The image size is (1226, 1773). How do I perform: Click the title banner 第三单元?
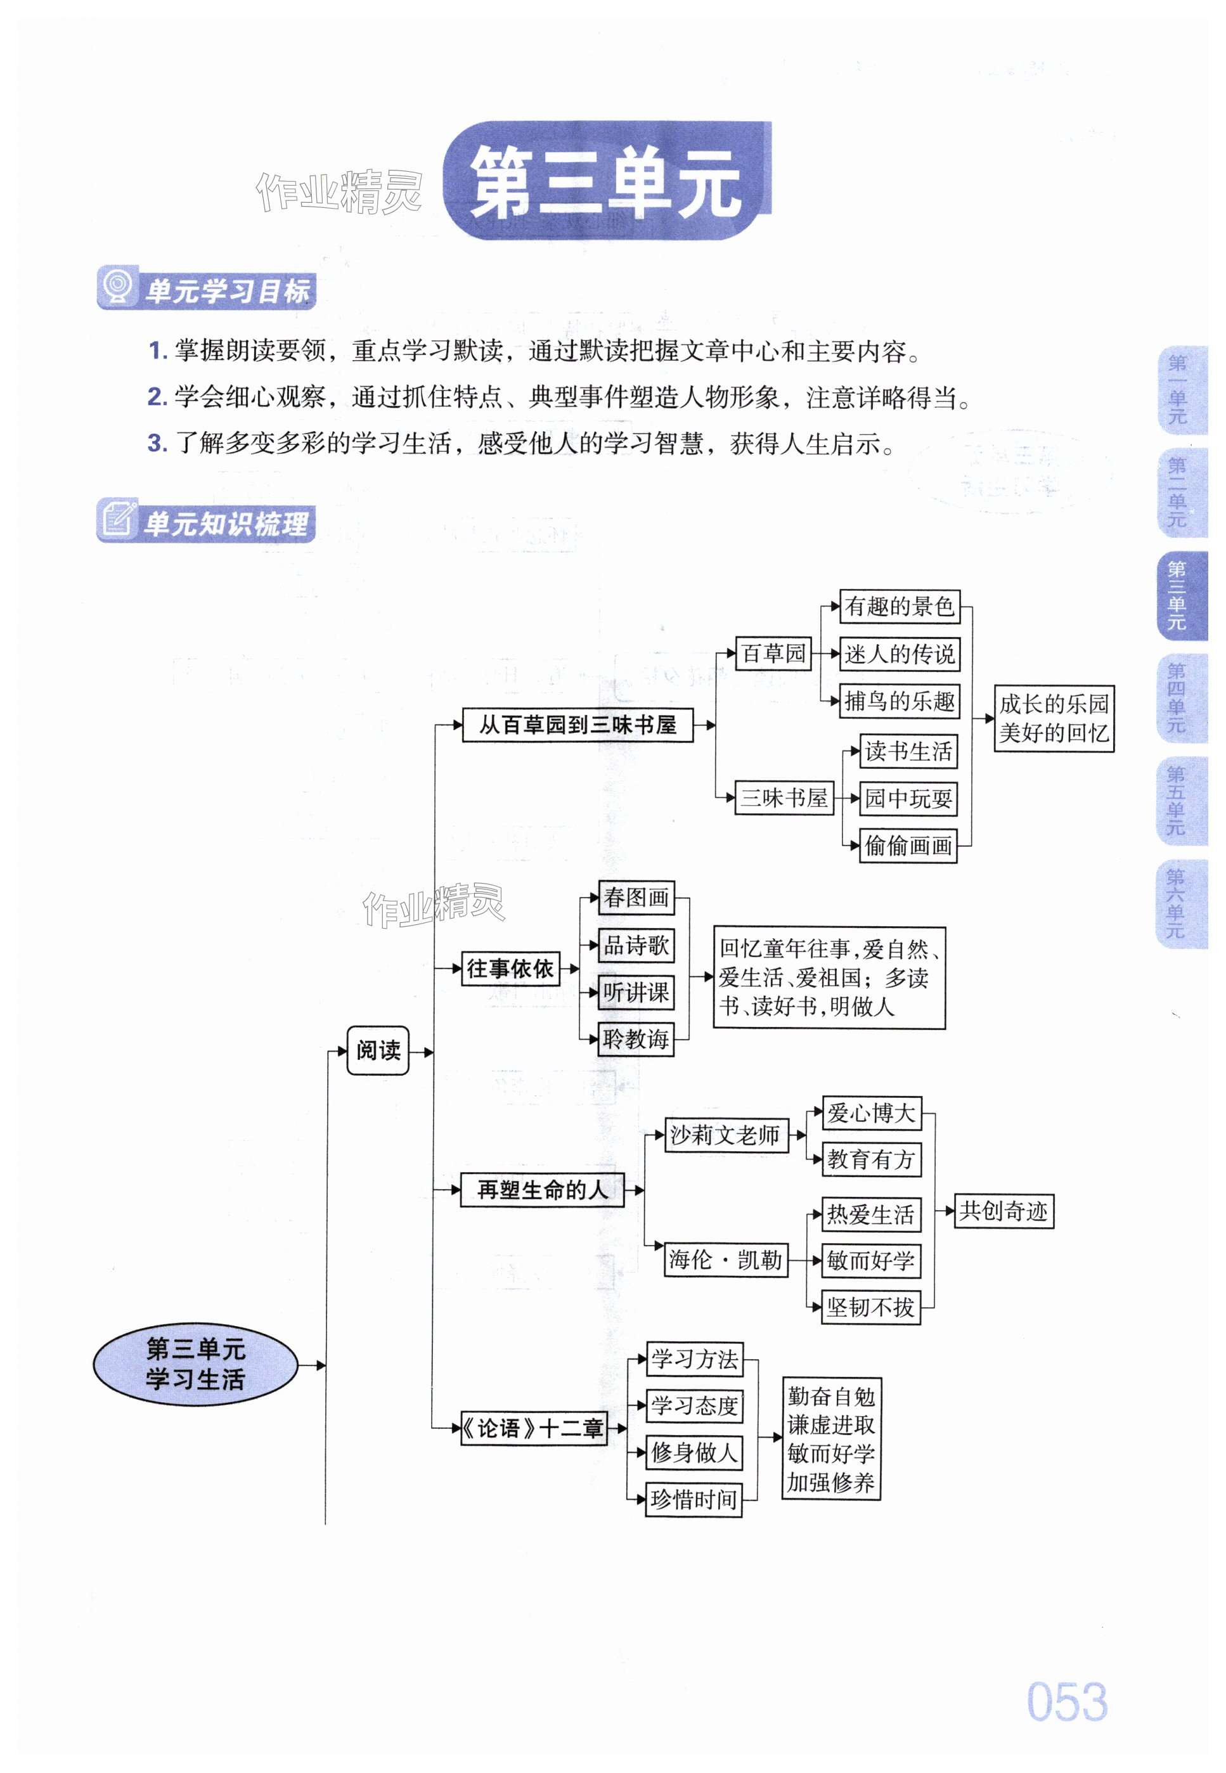point(607,181)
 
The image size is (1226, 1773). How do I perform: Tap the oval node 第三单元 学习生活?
point(195,1364)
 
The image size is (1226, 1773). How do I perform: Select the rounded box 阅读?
point(378,1050)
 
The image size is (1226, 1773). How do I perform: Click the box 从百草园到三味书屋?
point(578,725)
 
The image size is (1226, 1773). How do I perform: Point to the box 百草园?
point(773,654)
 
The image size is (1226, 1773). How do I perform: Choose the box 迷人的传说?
point(900,655)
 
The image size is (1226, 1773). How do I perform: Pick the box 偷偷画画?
point(908,846)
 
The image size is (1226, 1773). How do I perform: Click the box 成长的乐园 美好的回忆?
point(1054,718)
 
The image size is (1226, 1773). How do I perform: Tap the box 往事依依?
point(510,969)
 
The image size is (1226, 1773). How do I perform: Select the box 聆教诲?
point(636,1040)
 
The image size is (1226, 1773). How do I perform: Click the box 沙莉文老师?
point(726,1135)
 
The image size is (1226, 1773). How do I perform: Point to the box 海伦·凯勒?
point(726,1260)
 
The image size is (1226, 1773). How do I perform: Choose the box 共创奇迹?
point(1003,1211)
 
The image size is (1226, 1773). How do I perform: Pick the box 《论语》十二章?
point(534,1429)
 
